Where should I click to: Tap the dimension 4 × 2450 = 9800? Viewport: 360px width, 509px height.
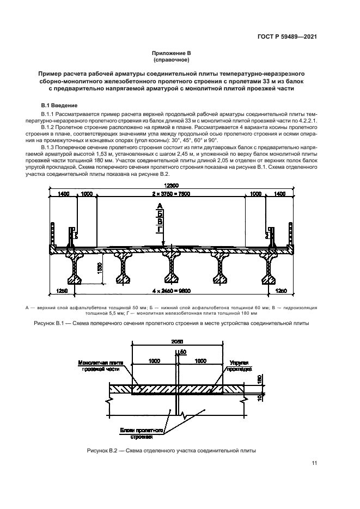click(172, 291)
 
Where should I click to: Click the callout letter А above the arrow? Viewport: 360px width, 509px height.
click(160, 206)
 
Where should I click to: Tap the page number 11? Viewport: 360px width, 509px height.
click(314, 463)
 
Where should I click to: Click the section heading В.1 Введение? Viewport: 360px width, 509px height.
click(60, 105)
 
